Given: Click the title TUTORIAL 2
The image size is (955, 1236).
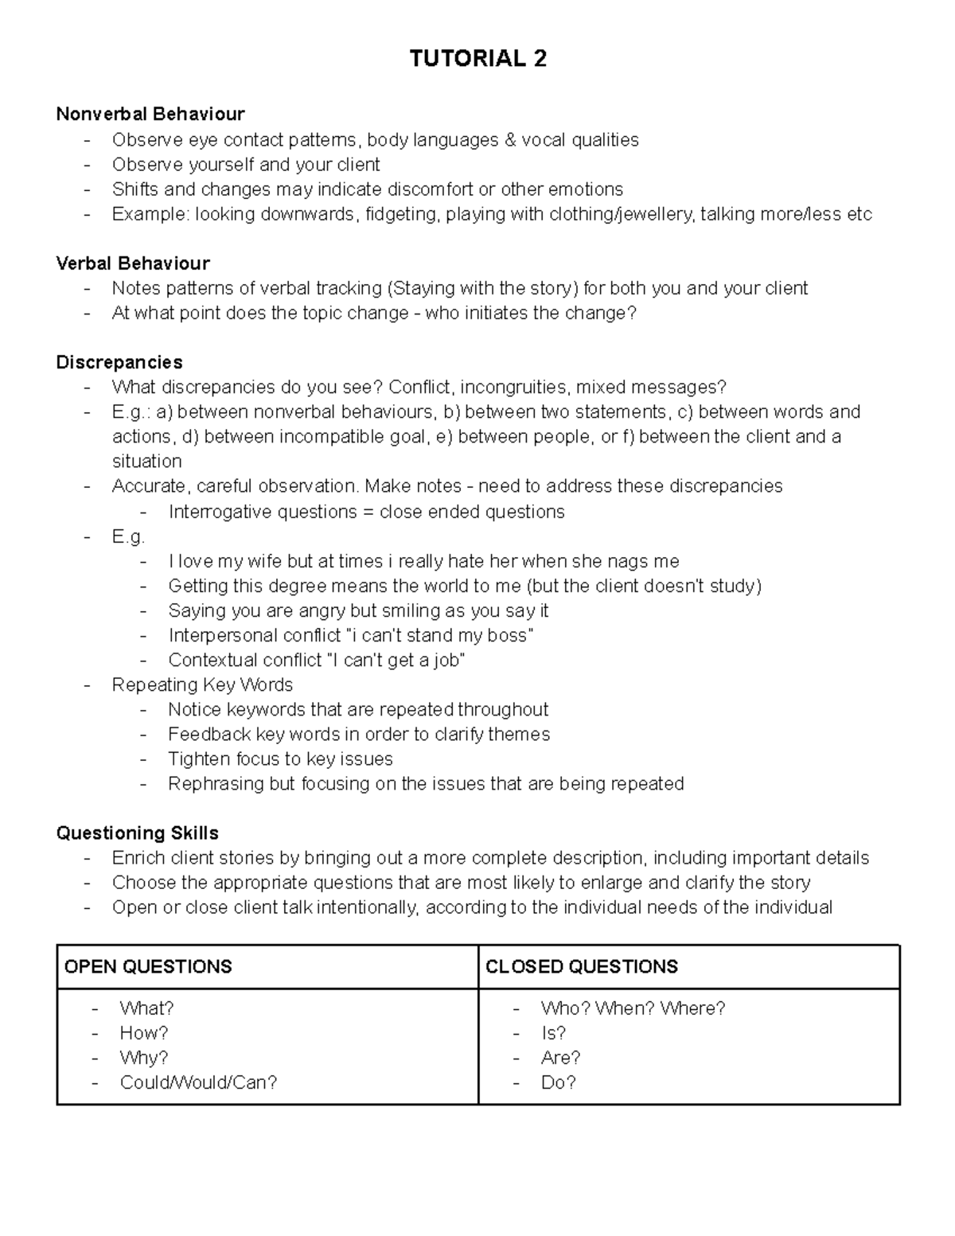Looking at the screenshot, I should (x=477, y=59).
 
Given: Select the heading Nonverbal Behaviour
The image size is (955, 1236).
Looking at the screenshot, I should (x=150, y=115).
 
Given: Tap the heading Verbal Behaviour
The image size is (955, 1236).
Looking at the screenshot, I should (x=133, y=263).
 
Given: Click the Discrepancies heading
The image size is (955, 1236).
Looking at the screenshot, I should (x=119, y=362).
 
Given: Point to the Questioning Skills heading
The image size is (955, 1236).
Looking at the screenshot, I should (x=137, y=833).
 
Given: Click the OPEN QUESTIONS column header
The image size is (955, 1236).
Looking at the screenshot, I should (x=148, y=966).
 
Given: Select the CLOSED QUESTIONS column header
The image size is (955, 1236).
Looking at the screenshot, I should (x=581, y=966).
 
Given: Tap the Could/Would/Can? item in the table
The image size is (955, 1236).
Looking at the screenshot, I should (x=198, y=1082).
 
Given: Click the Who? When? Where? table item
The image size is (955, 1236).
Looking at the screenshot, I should (x=633, y=1008).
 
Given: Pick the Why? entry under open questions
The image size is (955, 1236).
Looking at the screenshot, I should (x=144, y=1058).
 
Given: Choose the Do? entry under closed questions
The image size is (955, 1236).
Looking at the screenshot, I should (x=558, y=1082).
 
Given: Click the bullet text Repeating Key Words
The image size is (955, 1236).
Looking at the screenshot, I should (x=202, y=684).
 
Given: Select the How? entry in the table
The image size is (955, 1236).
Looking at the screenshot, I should (x=144, y=1033).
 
